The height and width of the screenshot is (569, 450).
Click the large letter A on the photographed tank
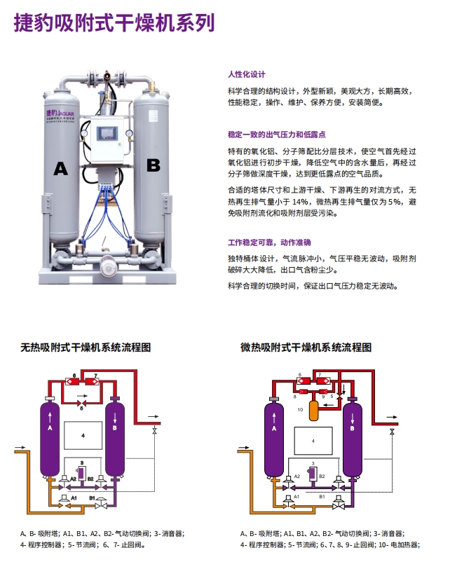click(61, 169)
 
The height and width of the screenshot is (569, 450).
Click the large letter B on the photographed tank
click(153, 165)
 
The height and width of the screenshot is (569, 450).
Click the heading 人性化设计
click(247, 74)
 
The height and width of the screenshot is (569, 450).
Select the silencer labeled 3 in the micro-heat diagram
click(313, 474)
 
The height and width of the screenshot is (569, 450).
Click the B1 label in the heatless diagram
click(92, 497)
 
